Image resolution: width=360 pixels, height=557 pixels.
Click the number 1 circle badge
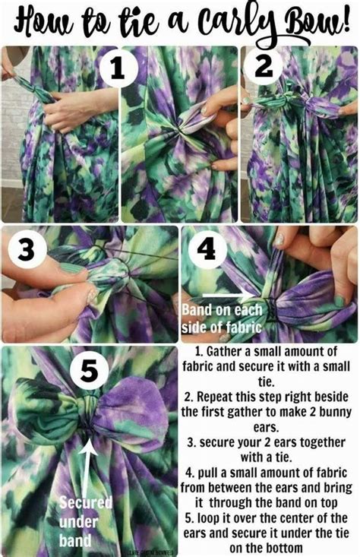point(118,68)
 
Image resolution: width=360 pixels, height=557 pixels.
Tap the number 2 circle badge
point(264,66)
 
